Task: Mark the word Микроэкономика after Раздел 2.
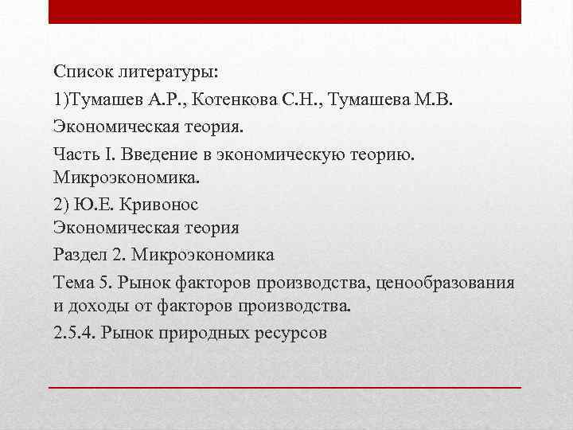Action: click(204, 255)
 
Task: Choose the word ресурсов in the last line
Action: click(290, 333)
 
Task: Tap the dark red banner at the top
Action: click(285, 11)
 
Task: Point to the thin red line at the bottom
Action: click(285, 387)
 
